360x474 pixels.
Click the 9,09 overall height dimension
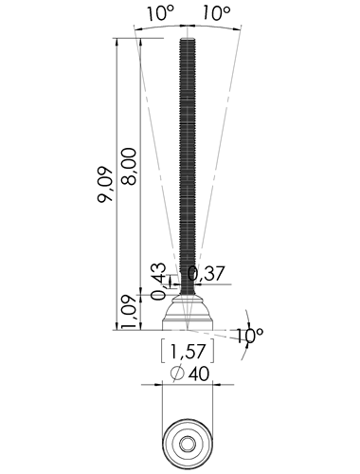pyautogui.click(x=105, y=184)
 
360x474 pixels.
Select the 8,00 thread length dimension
pyautogui.click(x=129, y=166)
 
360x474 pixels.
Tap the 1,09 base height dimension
pyautogui.click(x=129, y=312)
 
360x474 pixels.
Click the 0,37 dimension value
pyautogui.click(x=207, y=273)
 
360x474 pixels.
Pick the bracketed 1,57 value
pyautogui.click(x=188, y=351)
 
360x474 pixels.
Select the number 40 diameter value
pyautogui.click(x=199, y=374)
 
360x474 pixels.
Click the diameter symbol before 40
pyautogui.click(x=177, y=374)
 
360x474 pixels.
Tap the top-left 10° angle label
pyautogui.click(x=160, y=13)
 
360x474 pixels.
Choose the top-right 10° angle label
pyautogui.click(x=216, y=13)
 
